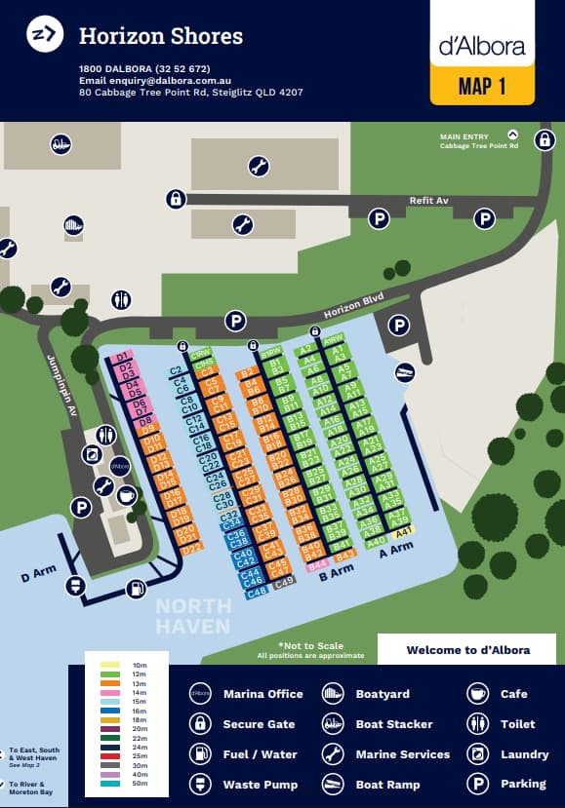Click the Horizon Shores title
(160, 37)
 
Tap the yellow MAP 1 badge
(482, 86)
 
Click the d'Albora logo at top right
(482, 45)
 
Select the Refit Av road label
(428, 201)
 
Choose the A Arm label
(396, 550)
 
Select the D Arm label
(38, 572)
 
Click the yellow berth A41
(402, 530)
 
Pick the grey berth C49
(283, 582)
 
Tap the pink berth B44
(316, 564)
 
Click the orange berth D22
(191, 548)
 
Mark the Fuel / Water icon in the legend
(200, 754)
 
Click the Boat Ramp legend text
(388, 785)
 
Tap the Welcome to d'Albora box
(467, 650)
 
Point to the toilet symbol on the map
(121, 299)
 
